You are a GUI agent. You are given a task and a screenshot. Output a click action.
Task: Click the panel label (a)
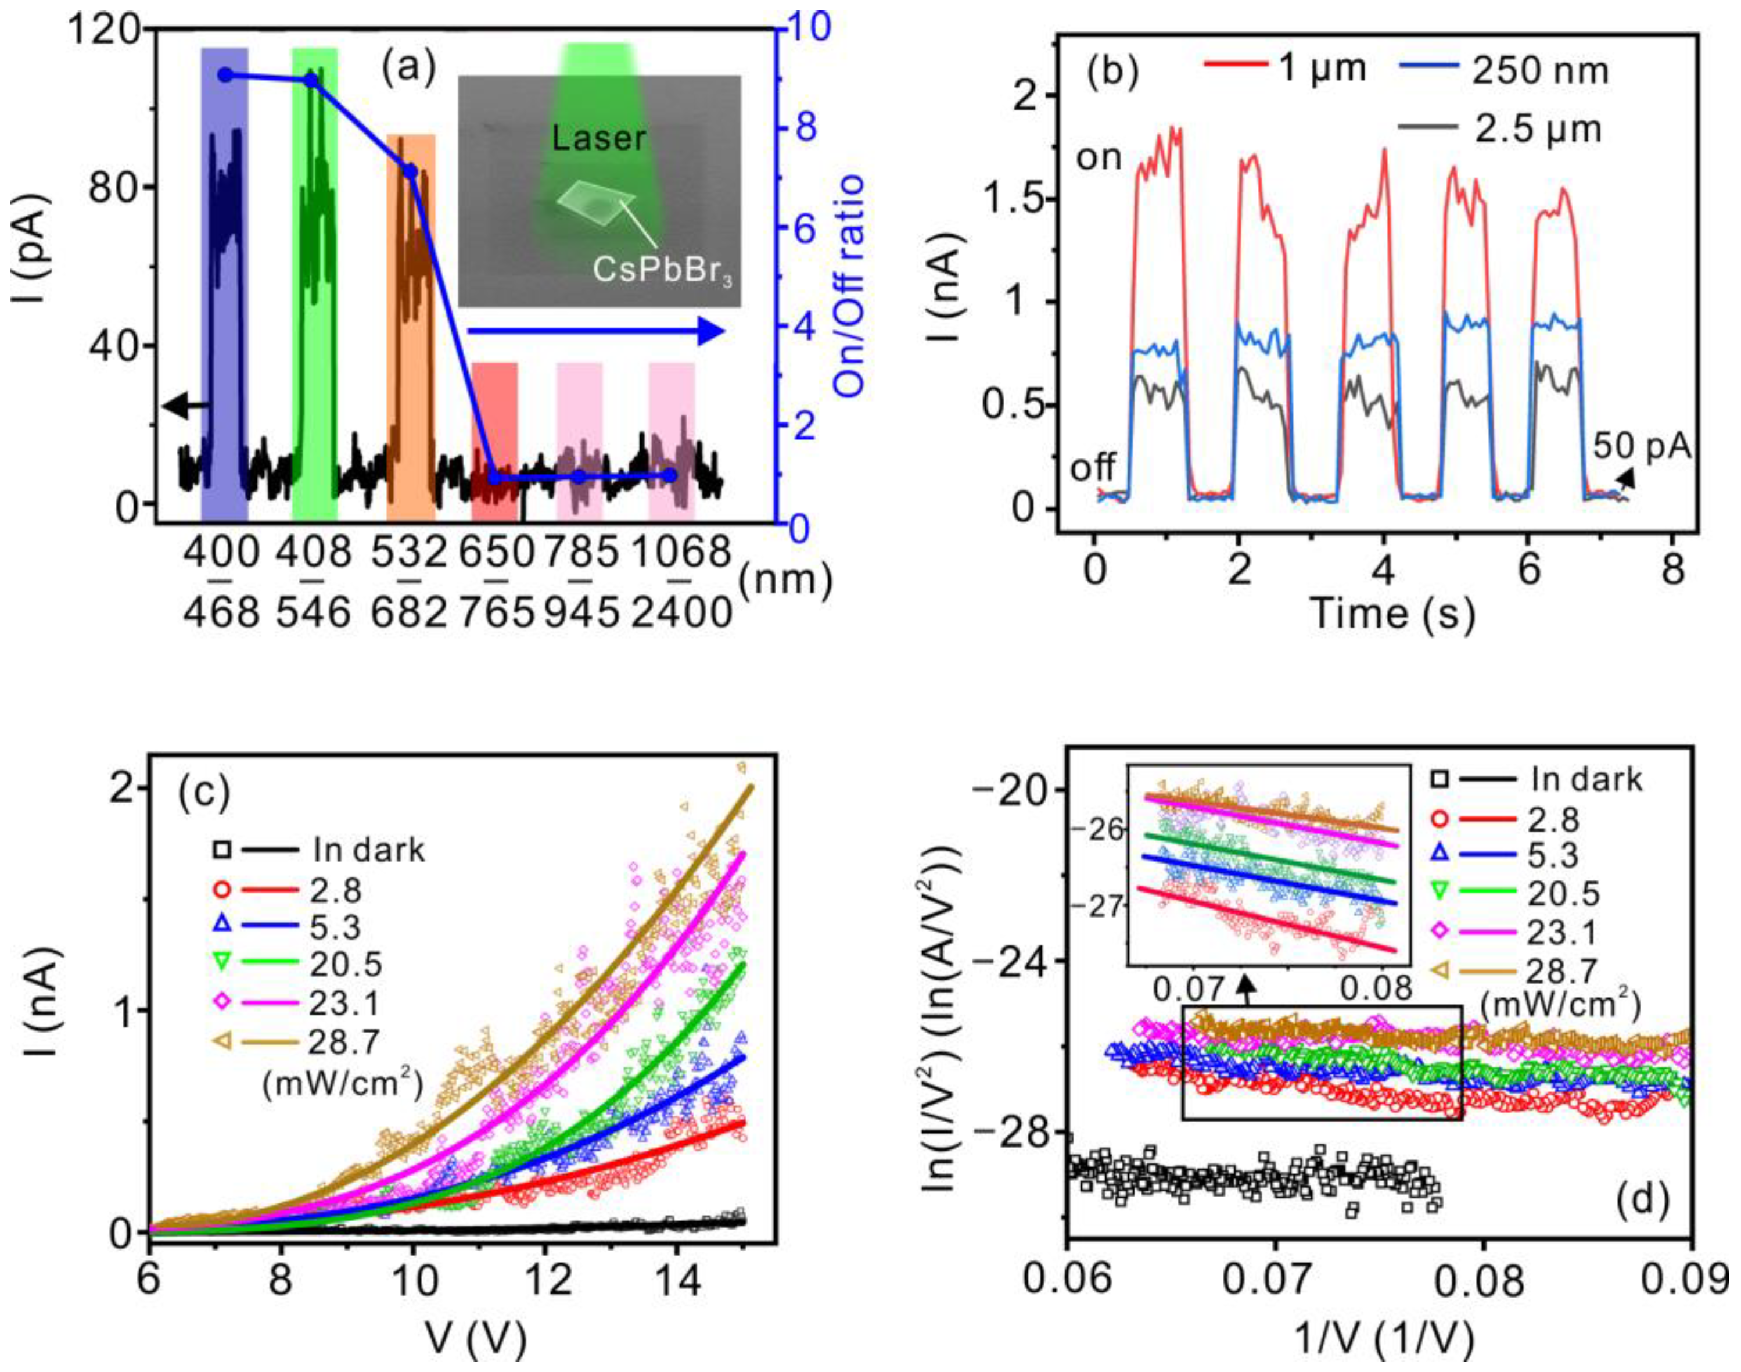409,69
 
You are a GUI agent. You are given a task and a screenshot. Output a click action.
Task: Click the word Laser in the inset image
598,138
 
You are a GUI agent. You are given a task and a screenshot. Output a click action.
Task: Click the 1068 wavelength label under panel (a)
681,553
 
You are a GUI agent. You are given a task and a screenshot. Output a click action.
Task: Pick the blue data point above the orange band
410,171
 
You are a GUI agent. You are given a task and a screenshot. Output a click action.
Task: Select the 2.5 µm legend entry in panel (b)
1499,128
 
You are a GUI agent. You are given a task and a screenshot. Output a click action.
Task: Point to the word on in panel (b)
1099,158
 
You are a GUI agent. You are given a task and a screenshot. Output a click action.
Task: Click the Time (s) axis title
1392,613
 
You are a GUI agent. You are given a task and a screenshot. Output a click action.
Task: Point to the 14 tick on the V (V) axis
676,1278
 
